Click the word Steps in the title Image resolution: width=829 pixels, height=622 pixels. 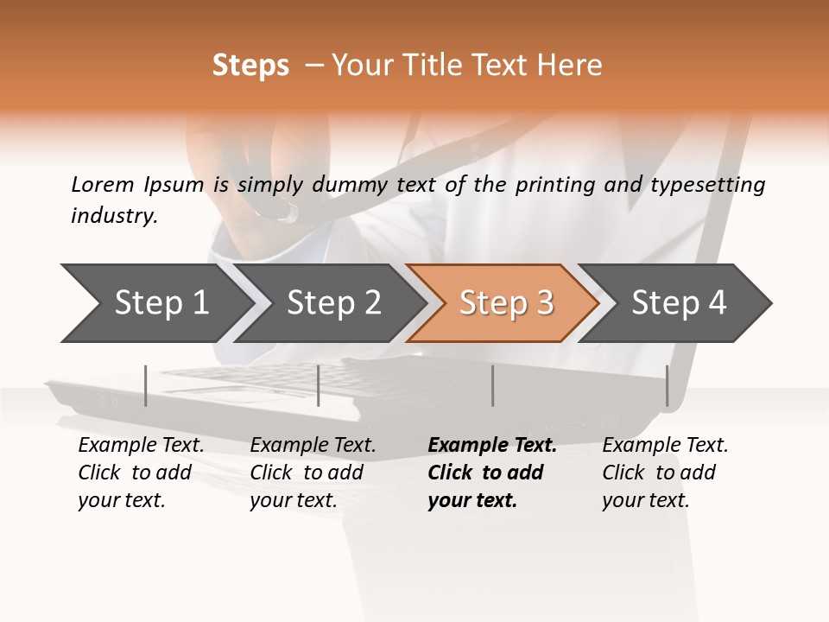coord(250,66)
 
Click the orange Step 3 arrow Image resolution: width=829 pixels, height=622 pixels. coord(506,303)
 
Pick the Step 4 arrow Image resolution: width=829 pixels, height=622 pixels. coord(679,303)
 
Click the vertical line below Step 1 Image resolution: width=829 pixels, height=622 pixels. coord(146,385)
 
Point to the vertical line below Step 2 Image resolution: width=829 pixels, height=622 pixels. coord(319,385)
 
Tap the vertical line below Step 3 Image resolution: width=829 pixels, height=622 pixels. coord(493,385)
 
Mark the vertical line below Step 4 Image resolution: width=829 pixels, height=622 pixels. coord(668,385)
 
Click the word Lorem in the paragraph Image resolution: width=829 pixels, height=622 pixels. coord(103,184)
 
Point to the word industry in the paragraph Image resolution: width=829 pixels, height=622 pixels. coord(114,215)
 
